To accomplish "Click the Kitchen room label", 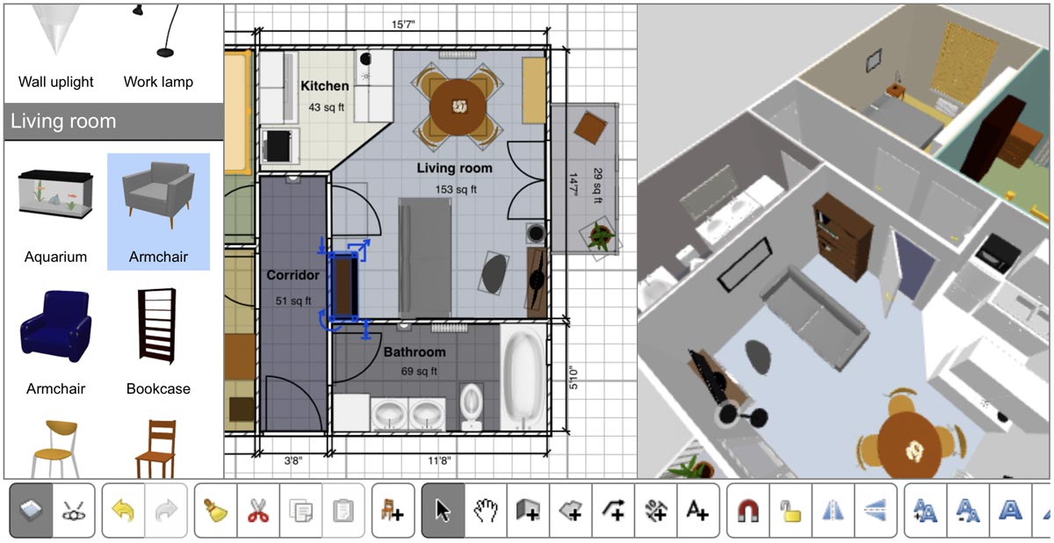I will click(x=324, y=86).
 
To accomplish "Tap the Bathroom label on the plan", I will click(x=414, y=352).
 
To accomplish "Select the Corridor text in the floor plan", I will click(x=292, y=275).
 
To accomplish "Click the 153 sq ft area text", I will click(x=455, y=189).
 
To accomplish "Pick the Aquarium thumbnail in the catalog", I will click(x=55, y=195).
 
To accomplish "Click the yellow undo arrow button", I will click(x=123, y=510).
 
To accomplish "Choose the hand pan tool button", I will click(x=486, y=510).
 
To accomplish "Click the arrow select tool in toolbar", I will click(x=443, y=510).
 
